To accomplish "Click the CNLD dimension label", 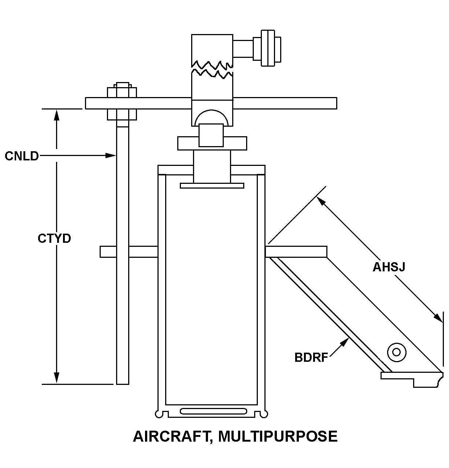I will pos(22,156).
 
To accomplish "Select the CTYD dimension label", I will pos(54,239).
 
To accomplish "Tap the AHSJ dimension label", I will pos(389,267).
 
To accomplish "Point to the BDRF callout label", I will pos(311,357).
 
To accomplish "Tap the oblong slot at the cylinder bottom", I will pos(214,411).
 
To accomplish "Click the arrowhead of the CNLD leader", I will pos(111,156).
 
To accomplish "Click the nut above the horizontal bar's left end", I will pos(122,92).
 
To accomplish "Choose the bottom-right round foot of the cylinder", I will pos(264,414).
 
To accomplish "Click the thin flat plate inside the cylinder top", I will pos(212,186).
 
